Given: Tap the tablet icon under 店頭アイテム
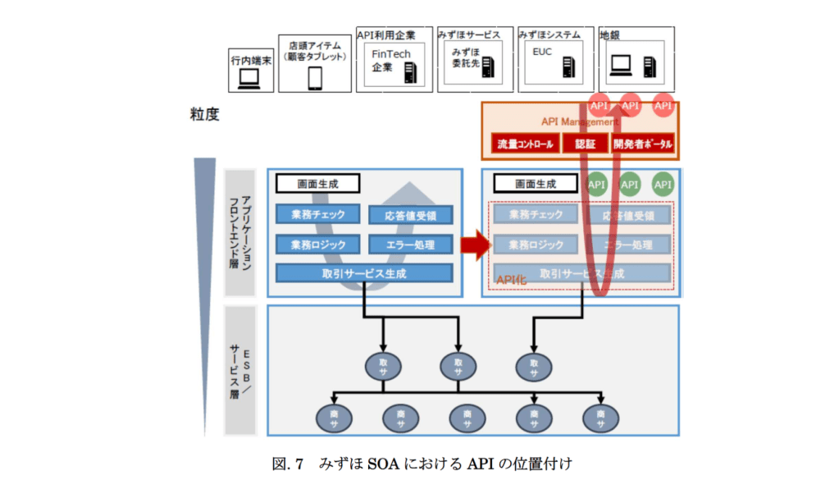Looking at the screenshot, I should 315,78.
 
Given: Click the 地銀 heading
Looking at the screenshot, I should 609,34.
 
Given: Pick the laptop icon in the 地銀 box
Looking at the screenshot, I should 620,63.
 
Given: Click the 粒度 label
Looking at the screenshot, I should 204,114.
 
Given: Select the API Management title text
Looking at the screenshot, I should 579,121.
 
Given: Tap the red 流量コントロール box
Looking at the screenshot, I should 523,144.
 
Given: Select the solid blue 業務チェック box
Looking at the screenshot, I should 317,214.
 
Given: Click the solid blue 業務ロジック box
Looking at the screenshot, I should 317,244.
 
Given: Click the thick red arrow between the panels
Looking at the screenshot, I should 473,244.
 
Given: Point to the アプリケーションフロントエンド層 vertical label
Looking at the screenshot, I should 239,231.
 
